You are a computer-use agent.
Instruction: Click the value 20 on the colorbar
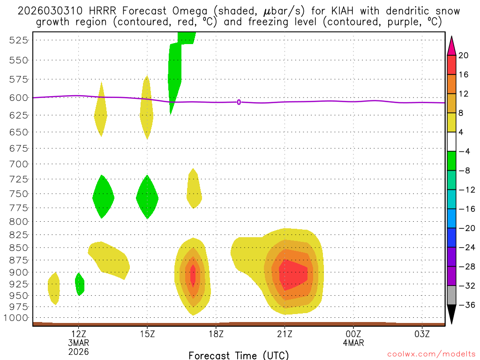(x=464, y=55)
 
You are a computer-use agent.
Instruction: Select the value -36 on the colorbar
(x=465, y=305)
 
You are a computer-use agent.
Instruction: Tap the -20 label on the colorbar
(x=465, y=228)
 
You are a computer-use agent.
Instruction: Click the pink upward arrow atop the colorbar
(x=452, y=45)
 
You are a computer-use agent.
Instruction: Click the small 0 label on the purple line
(x=239, y=102)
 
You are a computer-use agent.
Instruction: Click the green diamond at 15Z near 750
(x=148, y=197)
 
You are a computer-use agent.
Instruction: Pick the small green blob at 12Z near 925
(x=80, y=284)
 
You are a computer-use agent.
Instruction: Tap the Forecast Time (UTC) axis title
(x=239, y=355)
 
